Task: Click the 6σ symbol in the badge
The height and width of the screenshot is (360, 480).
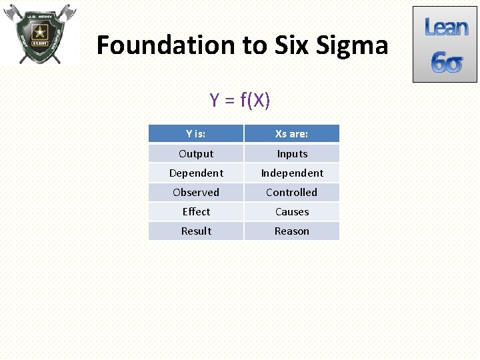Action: [x=446, y=63]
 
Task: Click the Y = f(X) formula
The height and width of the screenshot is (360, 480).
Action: [x=239, y=100]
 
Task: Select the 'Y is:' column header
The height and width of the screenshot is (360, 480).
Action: [x=195, y=134]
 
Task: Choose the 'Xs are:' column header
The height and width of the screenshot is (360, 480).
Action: [x=291, y=134]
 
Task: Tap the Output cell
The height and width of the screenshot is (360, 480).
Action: [x=196, y=153]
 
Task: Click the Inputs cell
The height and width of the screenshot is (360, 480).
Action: [x=292, y=153]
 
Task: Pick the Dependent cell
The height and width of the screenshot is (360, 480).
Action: [x=196, y=173]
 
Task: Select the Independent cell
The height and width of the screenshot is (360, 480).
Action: [x=292, y=173]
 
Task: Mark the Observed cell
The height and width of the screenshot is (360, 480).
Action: [x=196, y=192]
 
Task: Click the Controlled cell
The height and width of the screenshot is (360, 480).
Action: [x=292, y=192]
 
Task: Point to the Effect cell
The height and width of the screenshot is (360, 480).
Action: [x=196, y=211]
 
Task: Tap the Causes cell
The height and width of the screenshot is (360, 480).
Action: [x=292, y=211]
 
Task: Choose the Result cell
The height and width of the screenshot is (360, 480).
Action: [x=196, y=231]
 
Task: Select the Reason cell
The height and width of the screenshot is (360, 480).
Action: [x=292, y=231]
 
